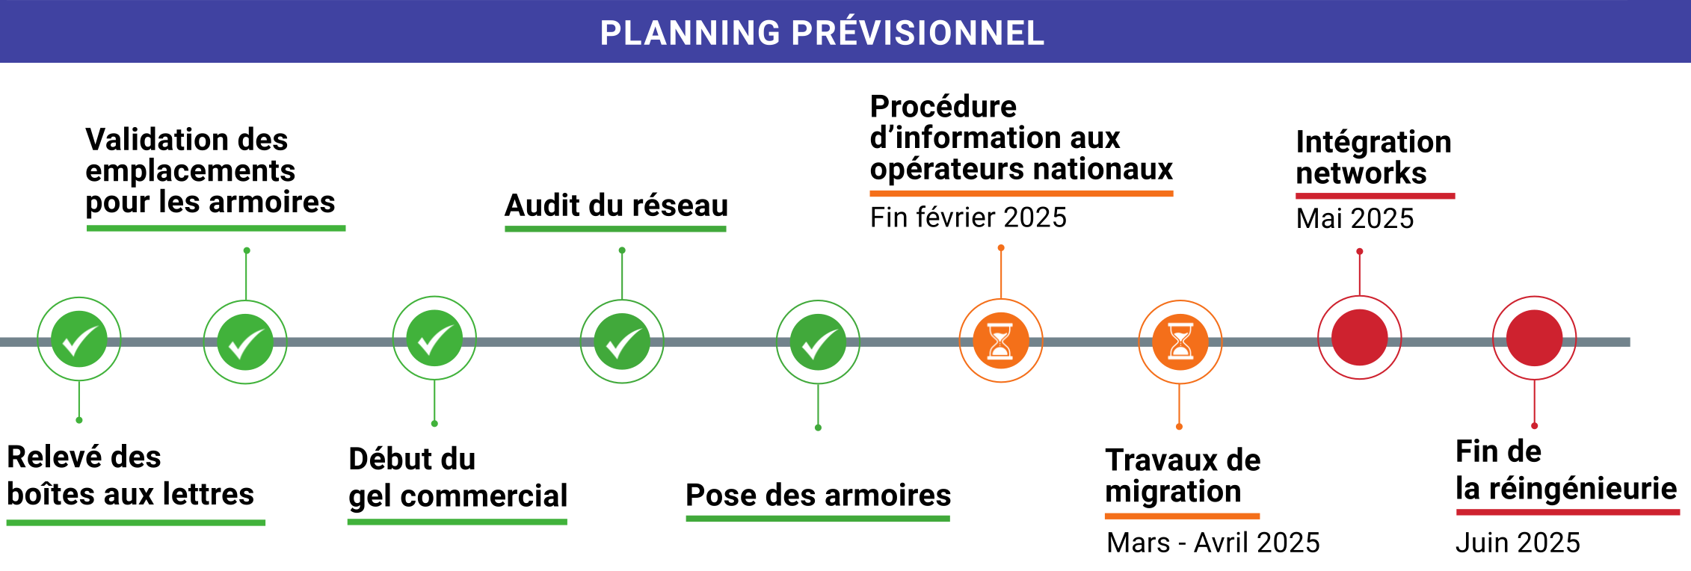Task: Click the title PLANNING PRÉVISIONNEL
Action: pos(822,33)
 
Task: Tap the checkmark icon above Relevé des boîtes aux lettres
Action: pos(79,339)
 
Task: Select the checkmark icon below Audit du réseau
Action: pos(622,342)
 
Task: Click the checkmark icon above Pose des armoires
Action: pos(818,342)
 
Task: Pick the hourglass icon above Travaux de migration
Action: pos(1180,342)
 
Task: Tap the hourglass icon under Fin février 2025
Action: pos(1001,341)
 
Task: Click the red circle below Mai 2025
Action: pos(1360,338)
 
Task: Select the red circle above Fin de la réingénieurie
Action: pos(1534,338)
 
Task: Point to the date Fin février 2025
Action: pos(968,217)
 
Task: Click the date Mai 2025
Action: pos(1355,218)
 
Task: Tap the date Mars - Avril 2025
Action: pos(1213,543)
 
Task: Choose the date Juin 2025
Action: pos(1518,543)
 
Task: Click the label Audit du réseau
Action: pos(616,206)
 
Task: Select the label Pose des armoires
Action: pos(818,496)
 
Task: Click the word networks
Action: pos(1361,173)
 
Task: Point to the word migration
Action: pos(1173,492)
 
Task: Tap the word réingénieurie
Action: pos(1583,489)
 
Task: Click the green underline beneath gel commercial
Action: pos(458,522)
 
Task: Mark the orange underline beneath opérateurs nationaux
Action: pos(1021,194)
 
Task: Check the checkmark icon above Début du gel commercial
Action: pos(434,339)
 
